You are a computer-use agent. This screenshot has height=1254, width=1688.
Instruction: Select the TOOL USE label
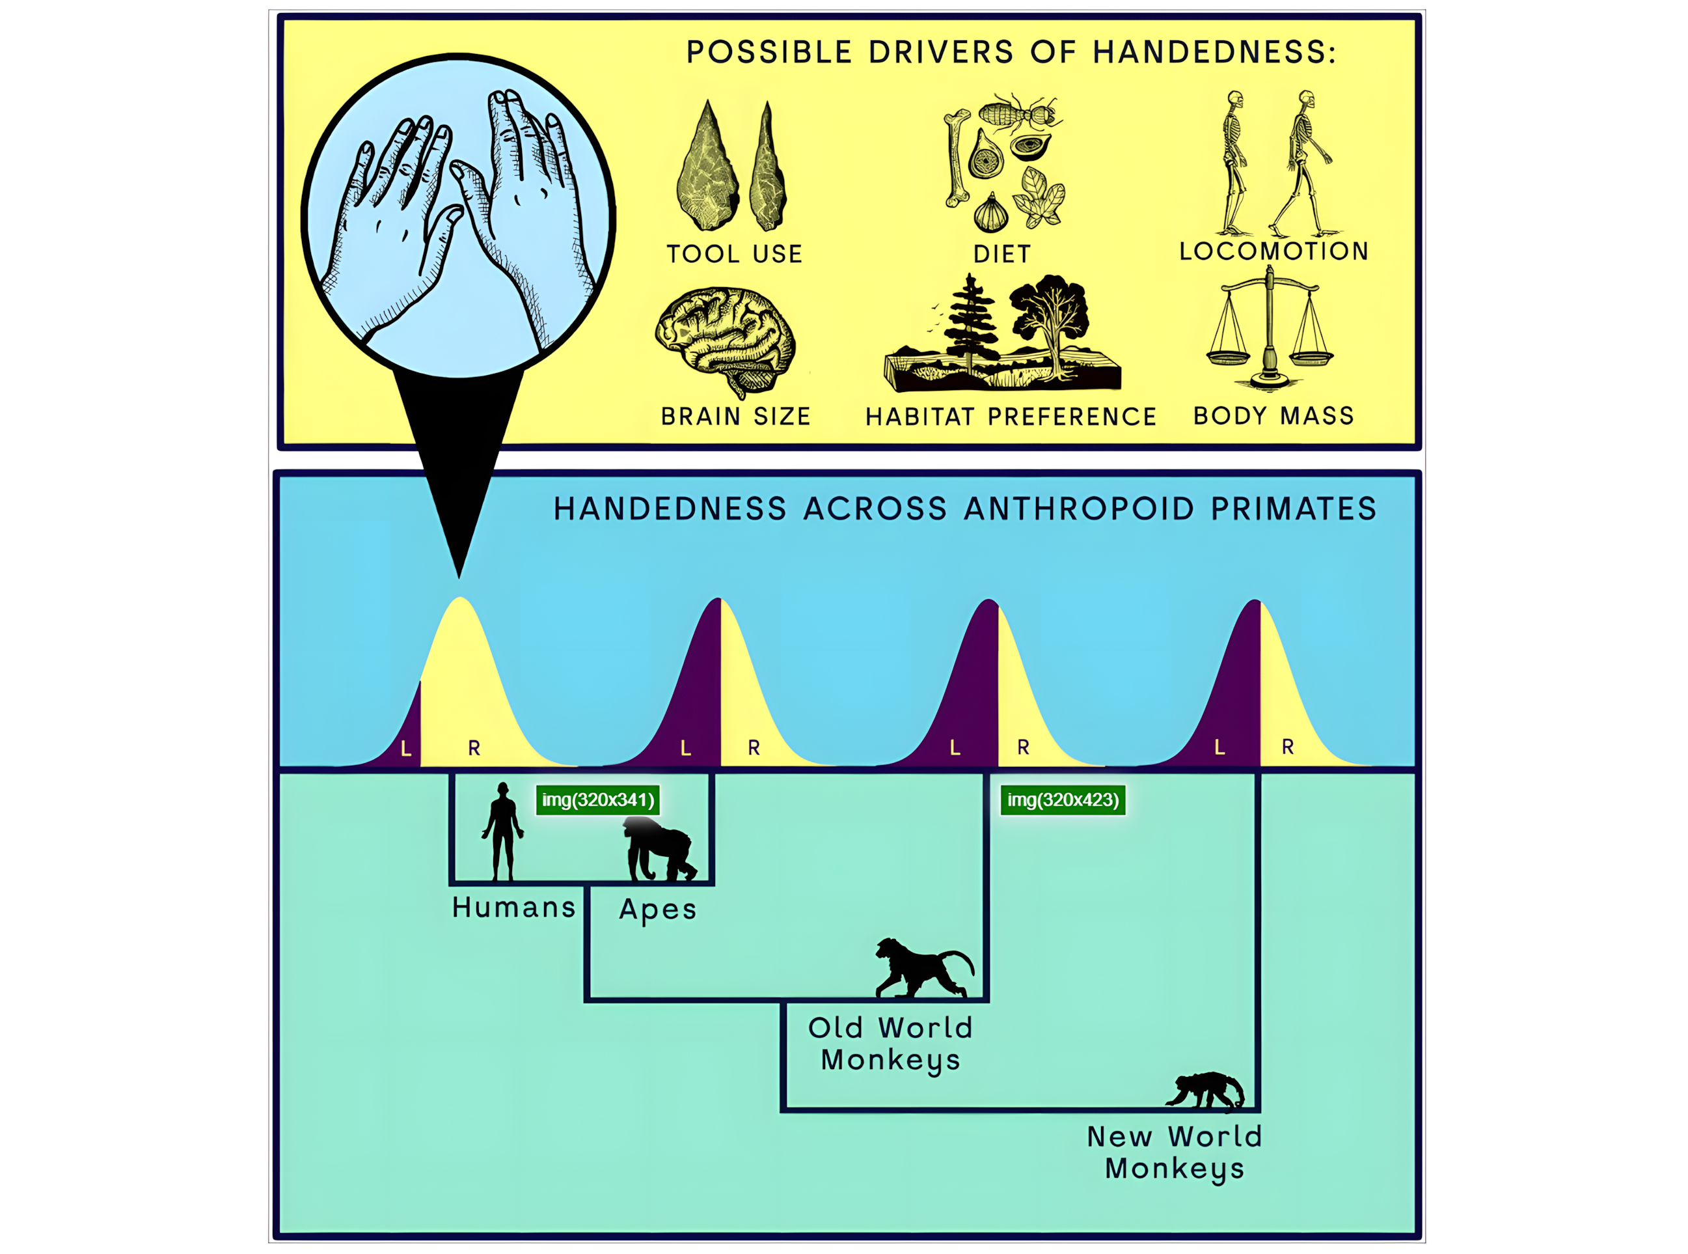pyautogui.click(x=735, y=253)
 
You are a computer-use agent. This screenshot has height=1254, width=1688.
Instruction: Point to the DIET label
pyautogui.click(x=1002, y=253)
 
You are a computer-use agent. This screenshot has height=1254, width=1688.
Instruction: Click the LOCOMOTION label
pyautogui.click(x=1273, y=251)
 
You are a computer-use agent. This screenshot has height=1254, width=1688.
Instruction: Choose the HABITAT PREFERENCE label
pyautogui.click(x=1011, y=416)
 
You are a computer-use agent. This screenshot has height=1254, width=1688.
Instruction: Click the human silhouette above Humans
pyautogui.click(x=502, y=831)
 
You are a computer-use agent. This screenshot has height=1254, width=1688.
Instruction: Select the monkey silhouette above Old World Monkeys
pyautogui.click(x=923, y=967)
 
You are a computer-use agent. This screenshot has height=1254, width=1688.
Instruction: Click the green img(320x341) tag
pyautogui.click(x=598, y=800)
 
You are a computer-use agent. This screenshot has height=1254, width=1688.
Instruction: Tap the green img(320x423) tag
pyautogui.click(x=1063, y=800)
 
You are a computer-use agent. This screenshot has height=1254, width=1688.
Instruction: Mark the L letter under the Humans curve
pyautogui.click(x=406, y=749)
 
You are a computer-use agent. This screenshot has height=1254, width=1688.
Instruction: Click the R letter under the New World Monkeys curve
pyautogui.click(x=1287, y=747)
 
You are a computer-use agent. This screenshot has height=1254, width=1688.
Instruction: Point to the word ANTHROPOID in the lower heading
pyautogui.click(x=1079, y=509)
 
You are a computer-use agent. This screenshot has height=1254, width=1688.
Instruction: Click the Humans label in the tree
pyautogui.click(x=513, y=907)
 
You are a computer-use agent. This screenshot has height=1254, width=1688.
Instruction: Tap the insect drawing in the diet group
pyautogui.click(x=1020, y=114)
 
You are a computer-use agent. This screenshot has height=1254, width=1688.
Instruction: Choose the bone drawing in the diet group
pyautogui.click(x=956, y=158)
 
